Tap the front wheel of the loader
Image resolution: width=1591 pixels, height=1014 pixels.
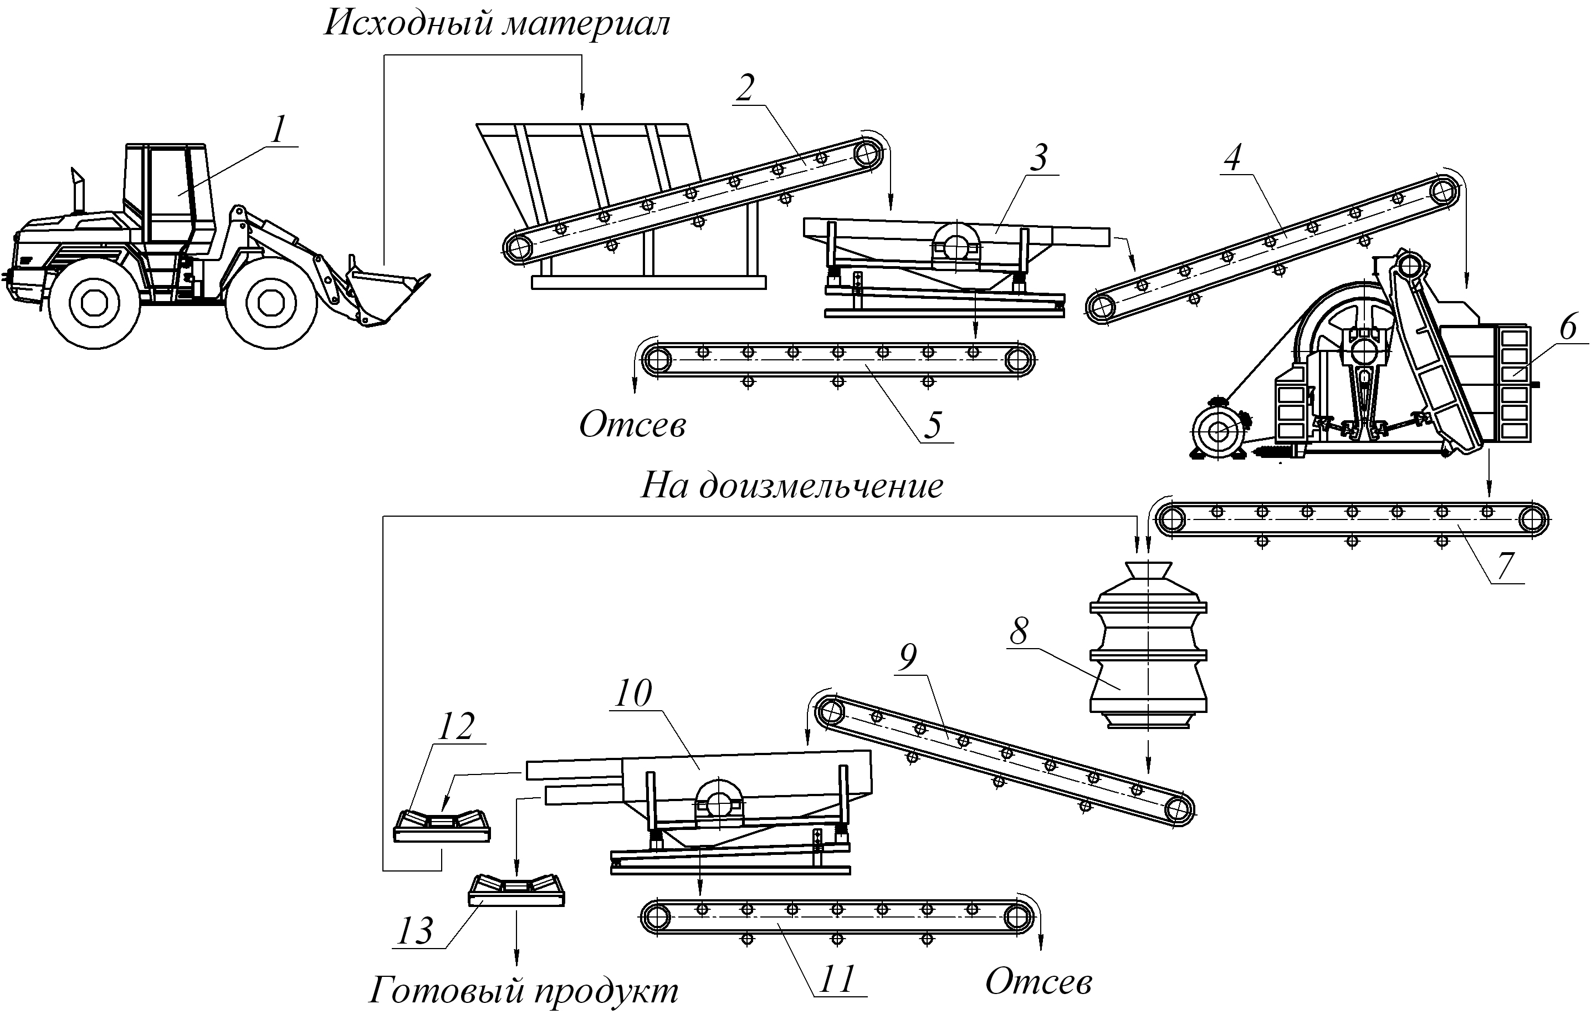coord(269,304)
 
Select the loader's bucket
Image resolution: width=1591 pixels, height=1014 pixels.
coord(386,294)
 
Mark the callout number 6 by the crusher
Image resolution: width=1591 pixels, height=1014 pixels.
coord(1568,329)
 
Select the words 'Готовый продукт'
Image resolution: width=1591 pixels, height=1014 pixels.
coord(523,991)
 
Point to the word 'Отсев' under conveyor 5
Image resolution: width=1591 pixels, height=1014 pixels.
coord(632,426)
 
